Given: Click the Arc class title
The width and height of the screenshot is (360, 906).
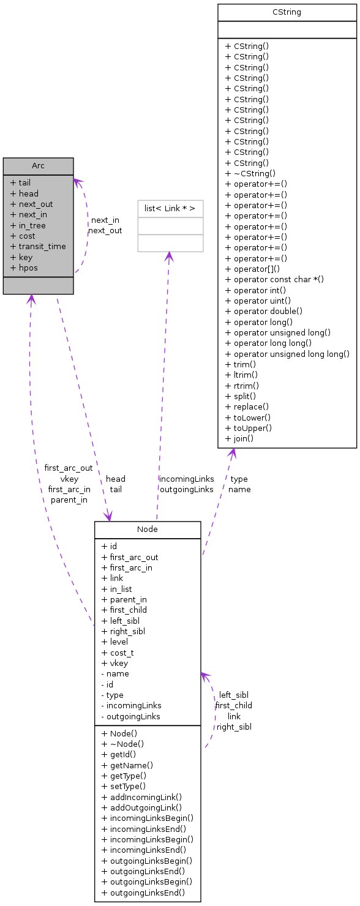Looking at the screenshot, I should [38, 166].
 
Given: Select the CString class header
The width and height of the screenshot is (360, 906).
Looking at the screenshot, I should [287, 12].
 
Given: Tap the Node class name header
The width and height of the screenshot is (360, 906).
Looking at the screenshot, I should [147, 530].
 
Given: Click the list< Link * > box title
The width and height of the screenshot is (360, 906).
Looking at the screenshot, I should [170, 209].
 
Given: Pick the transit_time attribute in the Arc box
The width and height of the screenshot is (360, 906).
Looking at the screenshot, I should [42, 247].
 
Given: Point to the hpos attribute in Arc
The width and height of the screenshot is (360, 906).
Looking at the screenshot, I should [28, 268].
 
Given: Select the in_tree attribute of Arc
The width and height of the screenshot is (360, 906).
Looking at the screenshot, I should [32, 225].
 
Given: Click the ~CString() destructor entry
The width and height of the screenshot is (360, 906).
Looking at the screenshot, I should [250, 173].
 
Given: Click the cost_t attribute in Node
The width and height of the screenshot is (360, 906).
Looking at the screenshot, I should [118, 653].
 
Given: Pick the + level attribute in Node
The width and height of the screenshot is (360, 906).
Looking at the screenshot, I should [115, 642].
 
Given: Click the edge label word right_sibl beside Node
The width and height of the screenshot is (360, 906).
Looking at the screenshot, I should [234, 727].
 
